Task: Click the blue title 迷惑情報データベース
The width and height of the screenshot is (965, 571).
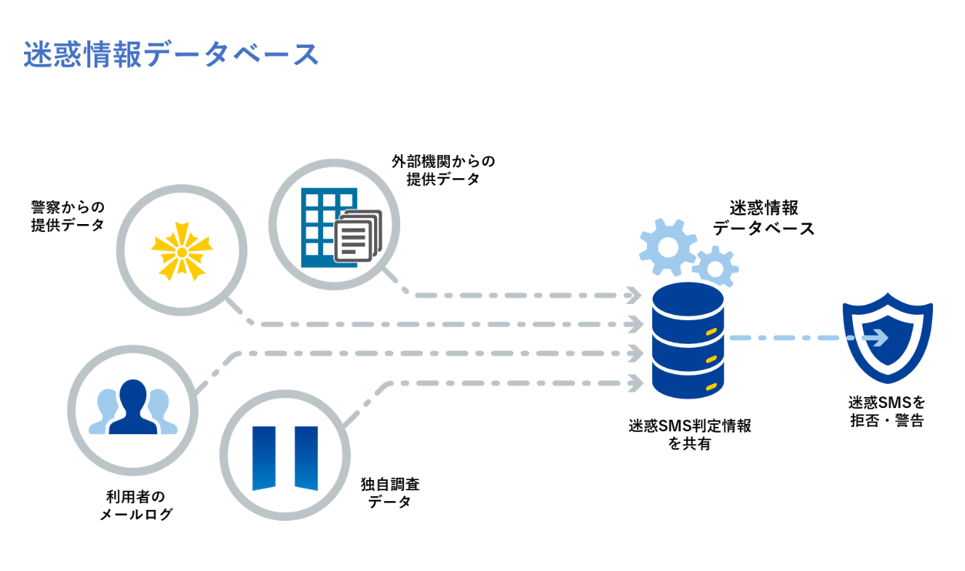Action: point(171,55)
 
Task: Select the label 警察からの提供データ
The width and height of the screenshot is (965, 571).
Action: point(67,216)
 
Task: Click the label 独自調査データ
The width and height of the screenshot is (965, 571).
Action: point(390,492)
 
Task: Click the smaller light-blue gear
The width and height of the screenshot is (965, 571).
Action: point(715,267)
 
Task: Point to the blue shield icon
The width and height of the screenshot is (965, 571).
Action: point(887,338)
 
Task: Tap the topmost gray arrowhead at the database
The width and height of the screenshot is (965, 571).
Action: point(633,295)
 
